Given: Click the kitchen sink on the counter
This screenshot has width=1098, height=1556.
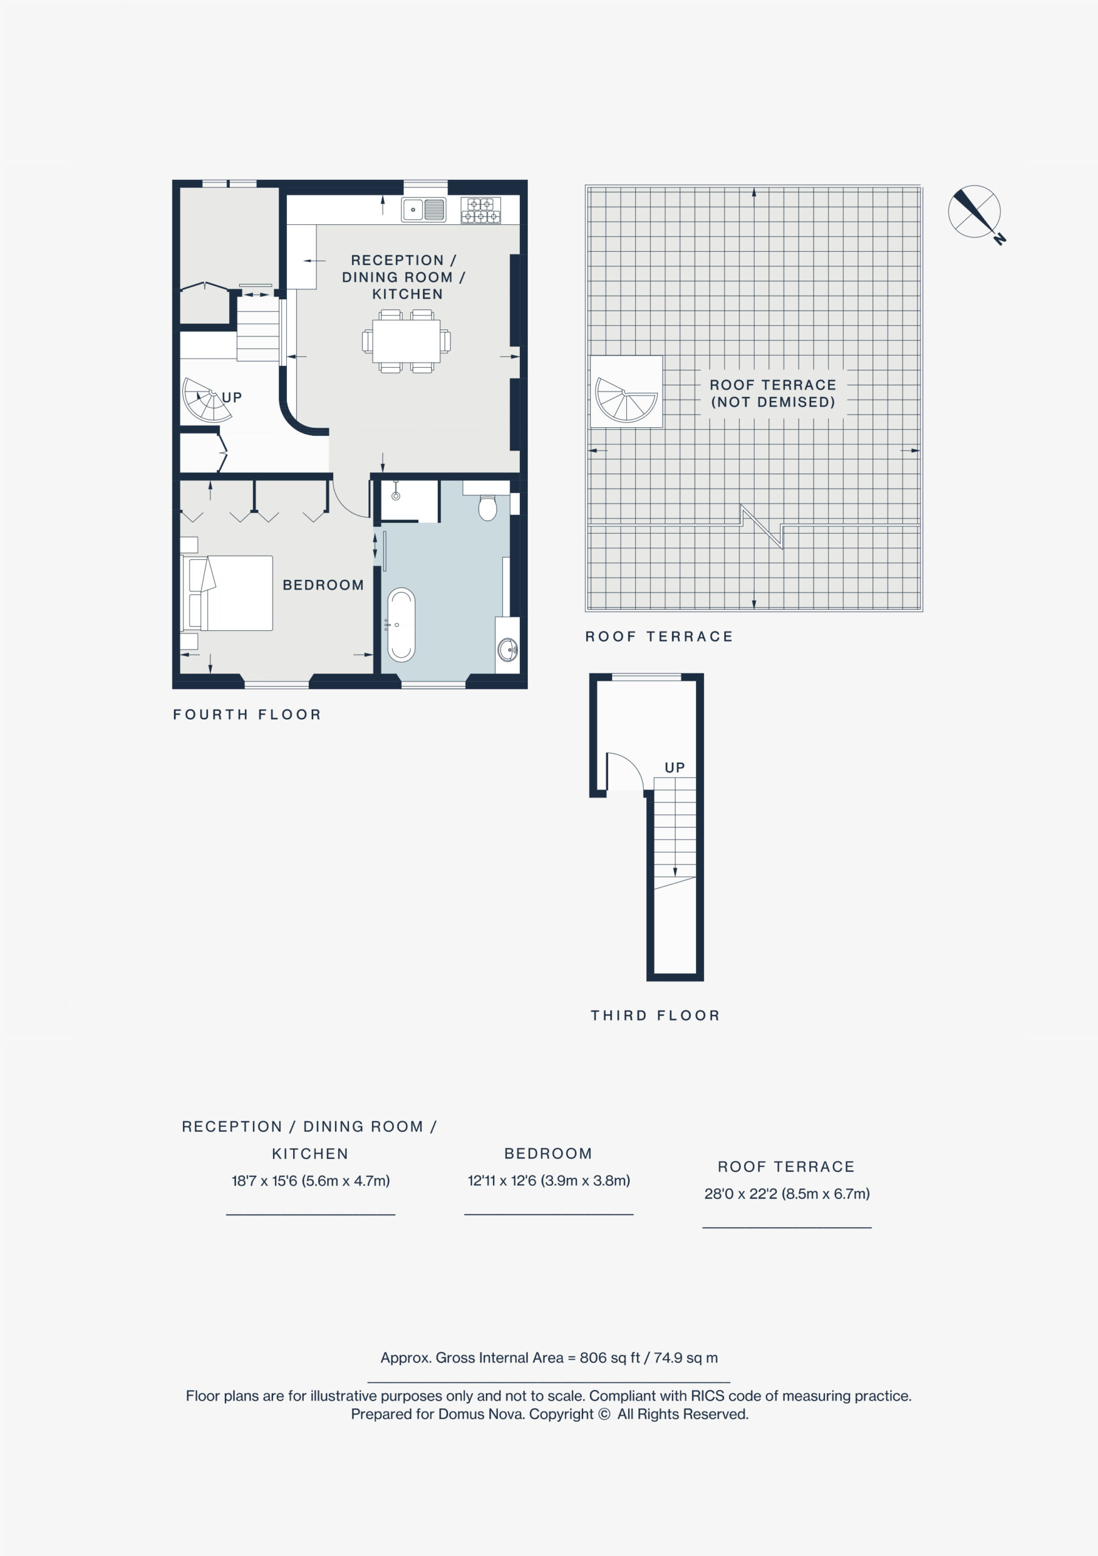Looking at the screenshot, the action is pyautogui.click(x=424, y=210).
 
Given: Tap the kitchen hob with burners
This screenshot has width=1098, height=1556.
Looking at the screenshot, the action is pyautogui.click(x=480, y=210).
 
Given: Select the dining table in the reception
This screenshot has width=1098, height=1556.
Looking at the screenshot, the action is pyautogui.click(x=407, y=341).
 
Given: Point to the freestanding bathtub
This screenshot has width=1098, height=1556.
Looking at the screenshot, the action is pyautogui.click(x=401, y=624).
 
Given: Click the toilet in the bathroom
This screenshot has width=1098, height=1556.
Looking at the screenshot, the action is pyautogui.click(x=488, y=508).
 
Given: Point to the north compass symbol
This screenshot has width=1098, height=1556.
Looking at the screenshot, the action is pyautogui.click(x=976, y=213).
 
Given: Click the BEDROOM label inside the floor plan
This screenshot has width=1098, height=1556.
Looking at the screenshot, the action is pyautogui.click(x=323, y=585).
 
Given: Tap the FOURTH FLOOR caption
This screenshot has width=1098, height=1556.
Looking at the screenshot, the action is pyautogui.click(x=247, y=714).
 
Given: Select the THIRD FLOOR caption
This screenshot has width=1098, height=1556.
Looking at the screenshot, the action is pyautogui.click(x=655, y=1015).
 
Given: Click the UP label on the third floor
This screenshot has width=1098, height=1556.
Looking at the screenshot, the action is pyautogui.click(x=674, y=767).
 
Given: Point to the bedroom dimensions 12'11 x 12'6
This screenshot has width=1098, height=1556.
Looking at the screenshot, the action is pyautogui.click(x=549, y=1180).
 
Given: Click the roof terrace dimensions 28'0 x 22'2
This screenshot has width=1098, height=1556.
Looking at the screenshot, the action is pyautogui.click(x=787, y=1193).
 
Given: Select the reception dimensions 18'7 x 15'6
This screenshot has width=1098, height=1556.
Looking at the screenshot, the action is pyautogui.click(x=311, y=1180).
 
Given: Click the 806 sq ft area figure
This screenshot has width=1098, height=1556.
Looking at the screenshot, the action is pyautogui.click(x=609, y=1357).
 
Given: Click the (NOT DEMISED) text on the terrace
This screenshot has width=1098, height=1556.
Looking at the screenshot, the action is pyautogui.click(x=773, y=402).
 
